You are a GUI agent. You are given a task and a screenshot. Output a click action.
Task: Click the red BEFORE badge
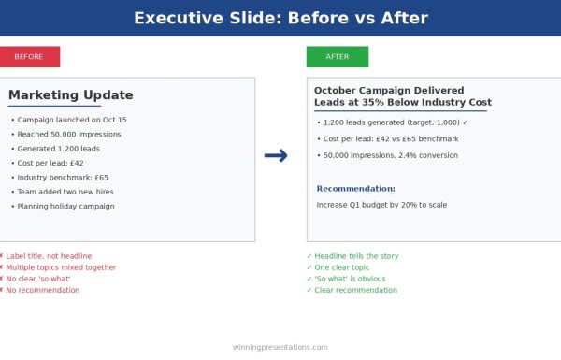pos(29,57)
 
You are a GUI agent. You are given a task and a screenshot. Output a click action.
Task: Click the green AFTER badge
pos(337,57)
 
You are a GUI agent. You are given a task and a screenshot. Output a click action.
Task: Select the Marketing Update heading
pos(71,95)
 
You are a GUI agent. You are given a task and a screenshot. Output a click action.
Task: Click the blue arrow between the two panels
pos(276,156)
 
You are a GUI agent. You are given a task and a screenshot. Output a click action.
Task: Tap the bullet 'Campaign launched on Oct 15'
pos(71,121)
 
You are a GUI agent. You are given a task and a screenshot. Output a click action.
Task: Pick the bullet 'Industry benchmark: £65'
pos(62,178)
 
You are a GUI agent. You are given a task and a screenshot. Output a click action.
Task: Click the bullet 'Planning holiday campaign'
pos(67,206)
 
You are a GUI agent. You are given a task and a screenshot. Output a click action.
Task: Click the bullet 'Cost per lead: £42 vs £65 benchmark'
pos(389,138)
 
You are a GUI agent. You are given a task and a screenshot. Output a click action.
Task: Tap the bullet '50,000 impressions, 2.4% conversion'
pos(389,155)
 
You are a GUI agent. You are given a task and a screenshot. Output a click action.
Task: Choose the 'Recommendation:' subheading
pos(355,189)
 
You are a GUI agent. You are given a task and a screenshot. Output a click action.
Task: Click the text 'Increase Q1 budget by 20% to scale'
pos(381,204)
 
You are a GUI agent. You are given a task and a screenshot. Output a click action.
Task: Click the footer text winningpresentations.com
pos(280,347)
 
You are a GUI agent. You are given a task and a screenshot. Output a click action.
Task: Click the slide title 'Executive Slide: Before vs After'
pos(280,18)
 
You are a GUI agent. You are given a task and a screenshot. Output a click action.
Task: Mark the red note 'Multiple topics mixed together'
pos(59,267)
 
